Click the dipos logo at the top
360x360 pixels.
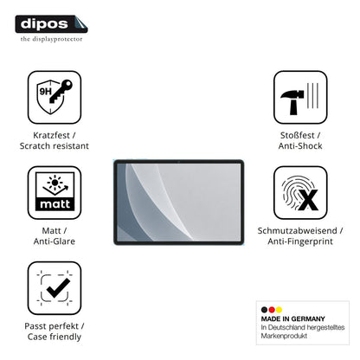coord(51,24)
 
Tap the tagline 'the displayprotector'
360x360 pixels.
coord(51,39)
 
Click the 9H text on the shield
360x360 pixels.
coord(45,92)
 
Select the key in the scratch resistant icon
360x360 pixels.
coord(61,91)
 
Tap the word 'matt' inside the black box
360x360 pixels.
coord(55,204)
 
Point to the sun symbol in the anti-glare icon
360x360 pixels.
coord(55,182)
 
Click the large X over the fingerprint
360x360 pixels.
coord(308,200)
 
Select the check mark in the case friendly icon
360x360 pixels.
coord(58,288)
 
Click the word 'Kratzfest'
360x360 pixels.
coord(51,135)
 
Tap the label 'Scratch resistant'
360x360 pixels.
coord(55,145)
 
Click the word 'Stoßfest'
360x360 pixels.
coord(297,135)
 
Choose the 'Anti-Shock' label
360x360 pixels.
coord(300,145)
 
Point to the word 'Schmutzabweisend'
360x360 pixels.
coord(297,230)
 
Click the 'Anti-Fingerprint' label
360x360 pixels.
coord(300,241)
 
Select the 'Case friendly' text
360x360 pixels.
coord(55,337)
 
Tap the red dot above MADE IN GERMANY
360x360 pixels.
coord(272,310)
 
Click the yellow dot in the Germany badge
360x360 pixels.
coord(279,310)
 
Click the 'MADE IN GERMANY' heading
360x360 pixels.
coord(292,318)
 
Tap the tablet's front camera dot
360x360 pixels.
coord(179,162)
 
